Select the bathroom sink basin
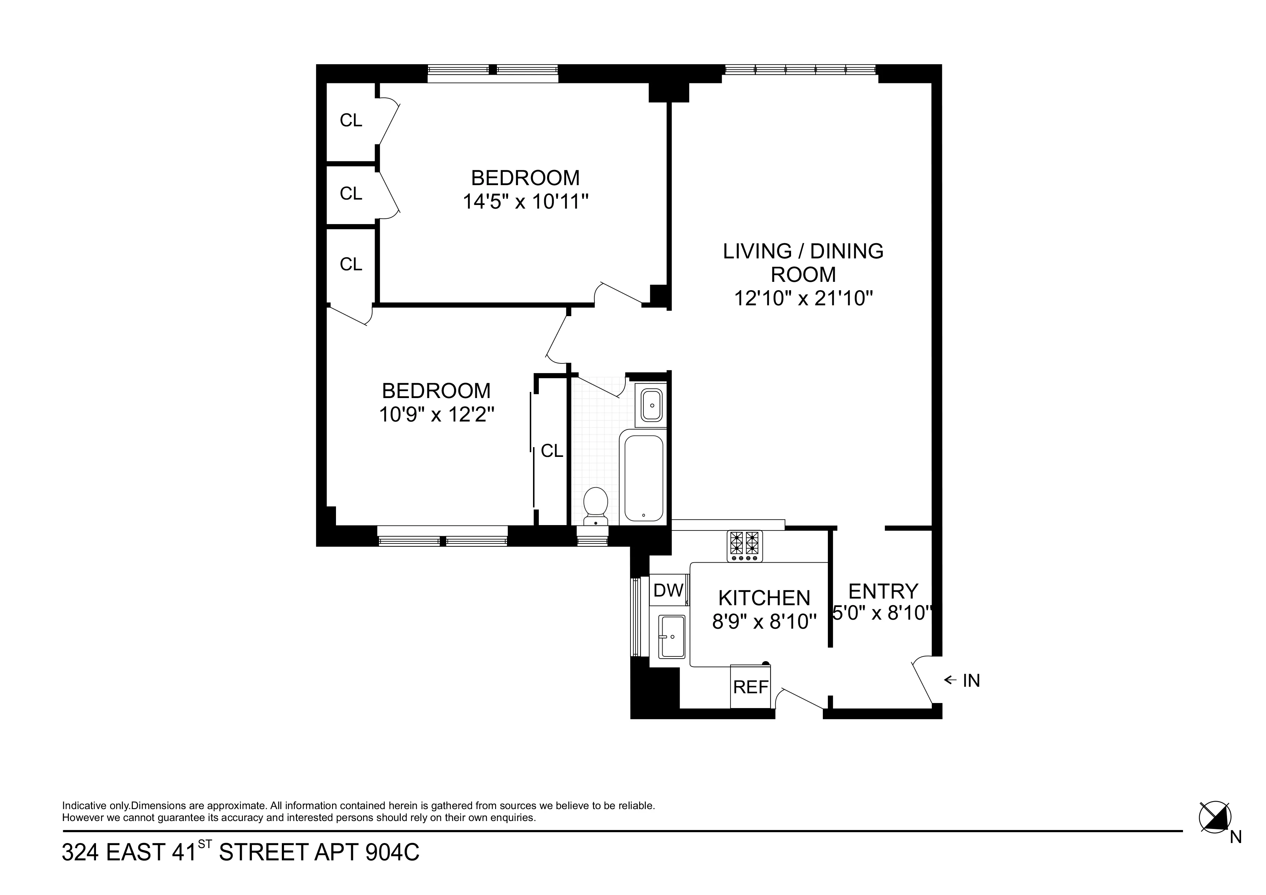(652, 405)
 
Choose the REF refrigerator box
(750, 687)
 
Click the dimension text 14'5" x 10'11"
(525, 202)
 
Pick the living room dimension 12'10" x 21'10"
(803, 298)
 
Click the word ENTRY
(882, 591)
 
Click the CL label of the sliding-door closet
(551, 451)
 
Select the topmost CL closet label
(351, 120)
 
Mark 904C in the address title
(392, 852)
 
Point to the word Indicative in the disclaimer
(83, 805)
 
